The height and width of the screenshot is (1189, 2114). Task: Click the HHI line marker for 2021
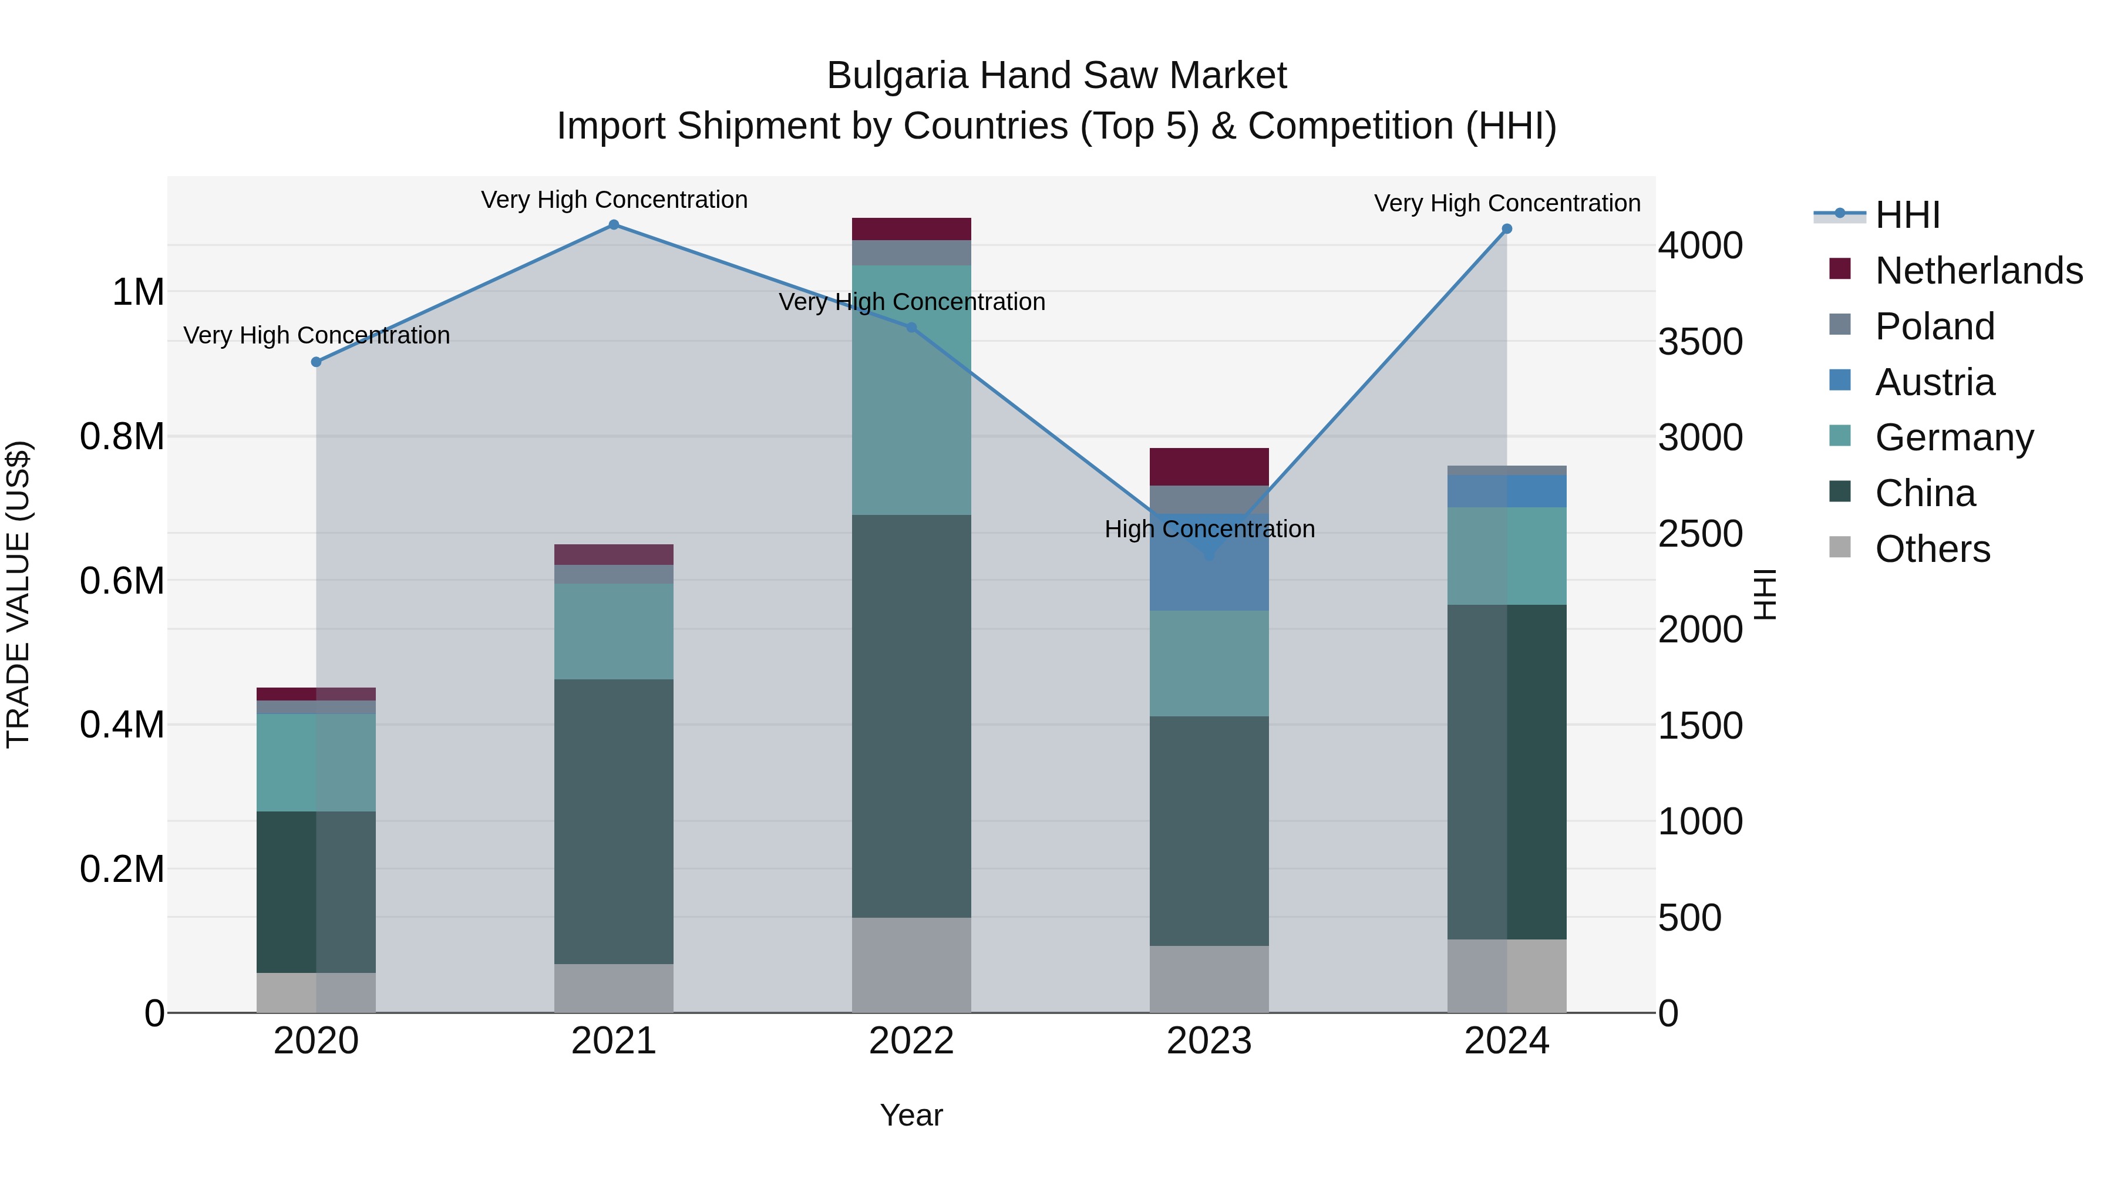[613, 225]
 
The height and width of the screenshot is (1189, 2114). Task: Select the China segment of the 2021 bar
[613, 821]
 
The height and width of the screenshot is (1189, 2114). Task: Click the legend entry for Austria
[1934, 382]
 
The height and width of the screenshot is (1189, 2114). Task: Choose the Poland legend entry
[1934, 326]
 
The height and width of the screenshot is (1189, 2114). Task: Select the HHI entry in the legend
[1907, 215]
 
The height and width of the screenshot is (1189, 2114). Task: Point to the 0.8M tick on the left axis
[122, 436]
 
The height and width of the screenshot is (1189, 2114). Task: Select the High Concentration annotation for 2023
[1209, 528]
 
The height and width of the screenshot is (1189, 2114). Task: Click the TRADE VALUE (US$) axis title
[18, 594]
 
